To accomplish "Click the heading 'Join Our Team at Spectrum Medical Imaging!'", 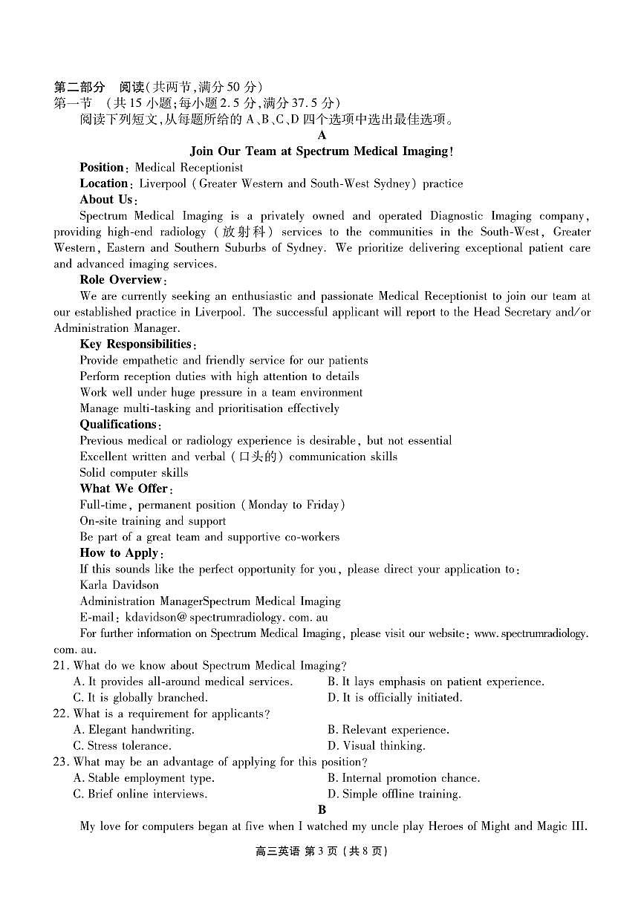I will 322,151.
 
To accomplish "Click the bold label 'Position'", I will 102,168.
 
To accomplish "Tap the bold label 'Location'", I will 104,183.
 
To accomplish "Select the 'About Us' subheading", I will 107,200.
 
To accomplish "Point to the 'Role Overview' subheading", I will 121,280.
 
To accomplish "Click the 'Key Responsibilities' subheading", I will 137,345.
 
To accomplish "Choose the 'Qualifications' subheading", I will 119,425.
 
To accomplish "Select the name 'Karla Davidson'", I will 119,585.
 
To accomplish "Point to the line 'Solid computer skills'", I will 134,473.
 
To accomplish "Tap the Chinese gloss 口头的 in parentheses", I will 257,457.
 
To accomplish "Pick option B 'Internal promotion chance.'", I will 403,778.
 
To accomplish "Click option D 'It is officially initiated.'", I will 394,698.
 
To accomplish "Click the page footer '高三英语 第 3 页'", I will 322,852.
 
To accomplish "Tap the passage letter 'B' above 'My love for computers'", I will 322,810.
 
